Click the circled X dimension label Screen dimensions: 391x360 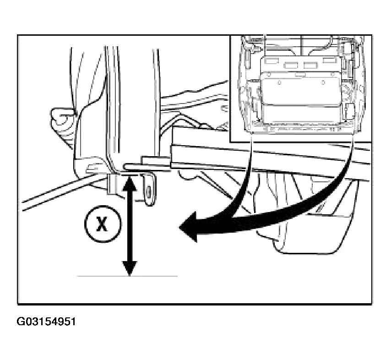pos(103,224)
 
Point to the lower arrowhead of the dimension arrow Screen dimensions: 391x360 pos(130,268)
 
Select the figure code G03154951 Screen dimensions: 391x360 pos(46,322)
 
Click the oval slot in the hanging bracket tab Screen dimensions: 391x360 pos(149,192)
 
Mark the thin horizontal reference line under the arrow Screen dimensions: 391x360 pos(127,276)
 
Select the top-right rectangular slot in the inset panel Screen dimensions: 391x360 pos(330,60)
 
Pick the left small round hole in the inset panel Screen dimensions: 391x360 pos(280,82)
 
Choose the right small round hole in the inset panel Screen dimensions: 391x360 pos(323,82)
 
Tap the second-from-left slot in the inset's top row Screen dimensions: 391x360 pos(291,65)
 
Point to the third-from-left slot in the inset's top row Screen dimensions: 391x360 pos(310,65)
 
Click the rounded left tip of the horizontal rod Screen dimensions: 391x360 pos(125,166)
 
